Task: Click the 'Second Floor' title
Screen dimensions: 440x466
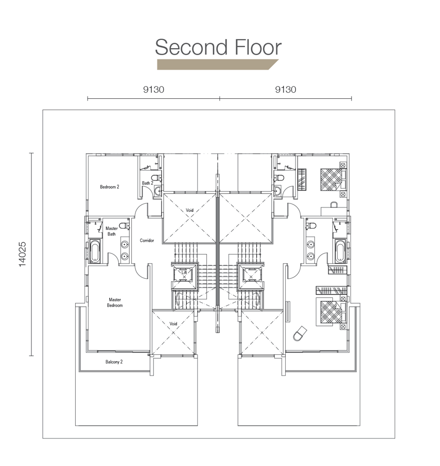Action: pos(218,47)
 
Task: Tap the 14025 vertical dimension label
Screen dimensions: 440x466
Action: pos(23,255)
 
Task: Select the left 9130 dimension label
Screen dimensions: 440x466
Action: pos(153,89)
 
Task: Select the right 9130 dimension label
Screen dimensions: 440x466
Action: pos(286,89)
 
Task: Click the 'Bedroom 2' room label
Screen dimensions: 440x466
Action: pos(110,187)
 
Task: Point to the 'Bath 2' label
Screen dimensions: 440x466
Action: pos(147,183)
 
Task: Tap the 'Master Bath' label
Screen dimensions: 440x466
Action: pos(112,231)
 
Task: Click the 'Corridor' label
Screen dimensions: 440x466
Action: pos(147,240)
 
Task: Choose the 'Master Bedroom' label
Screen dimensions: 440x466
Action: pos(115,302)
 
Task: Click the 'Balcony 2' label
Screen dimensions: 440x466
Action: pos(114,362)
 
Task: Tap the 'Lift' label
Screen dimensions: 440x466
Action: pos(184,272)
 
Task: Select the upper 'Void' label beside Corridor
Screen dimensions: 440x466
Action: pos(190,210)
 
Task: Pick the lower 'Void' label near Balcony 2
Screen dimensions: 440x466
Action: pos(174,323)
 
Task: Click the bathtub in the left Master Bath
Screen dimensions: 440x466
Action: pos(95,251)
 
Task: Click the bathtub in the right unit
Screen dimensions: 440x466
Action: pos(340,251)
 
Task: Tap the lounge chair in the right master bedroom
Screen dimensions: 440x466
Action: pos(300,333)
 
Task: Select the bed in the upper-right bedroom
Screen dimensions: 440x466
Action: pos(333,179)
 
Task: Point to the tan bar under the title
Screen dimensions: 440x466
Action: pos(218,64)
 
